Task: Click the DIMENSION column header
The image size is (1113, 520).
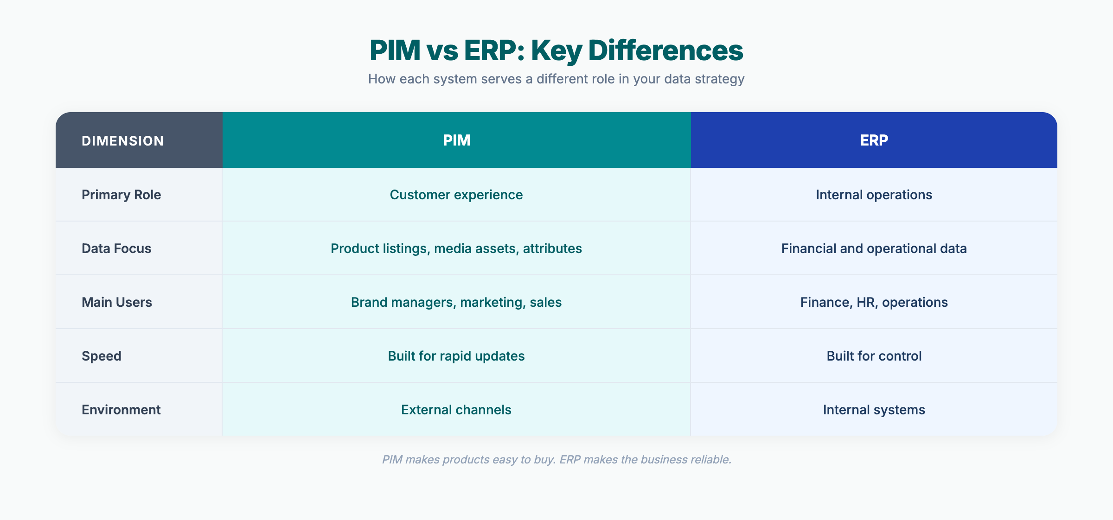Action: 122,141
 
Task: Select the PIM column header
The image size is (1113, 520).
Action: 456,140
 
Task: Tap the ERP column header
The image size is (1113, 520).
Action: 874,140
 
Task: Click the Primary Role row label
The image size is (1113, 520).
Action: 121,195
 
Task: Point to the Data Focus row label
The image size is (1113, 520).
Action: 116,248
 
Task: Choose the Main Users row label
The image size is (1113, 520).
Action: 117,302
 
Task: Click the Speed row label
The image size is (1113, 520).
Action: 102,356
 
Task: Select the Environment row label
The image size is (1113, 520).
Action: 121,410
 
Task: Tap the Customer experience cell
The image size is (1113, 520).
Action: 456,195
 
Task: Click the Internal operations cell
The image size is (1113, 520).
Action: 874,195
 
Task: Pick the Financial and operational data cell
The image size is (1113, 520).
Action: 874,248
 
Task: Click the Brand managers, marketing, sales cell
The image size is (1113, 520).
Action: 456,302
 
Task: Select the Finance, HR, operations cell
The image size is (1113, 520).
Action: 874,302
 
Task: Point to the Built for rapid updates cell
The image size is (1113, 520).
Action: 456,356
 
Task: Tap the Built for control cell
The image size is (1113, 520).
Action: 874,356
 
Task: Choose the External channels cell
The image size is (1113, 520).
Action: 456,410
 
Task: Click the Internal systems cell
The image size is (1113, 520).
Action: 874,410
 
